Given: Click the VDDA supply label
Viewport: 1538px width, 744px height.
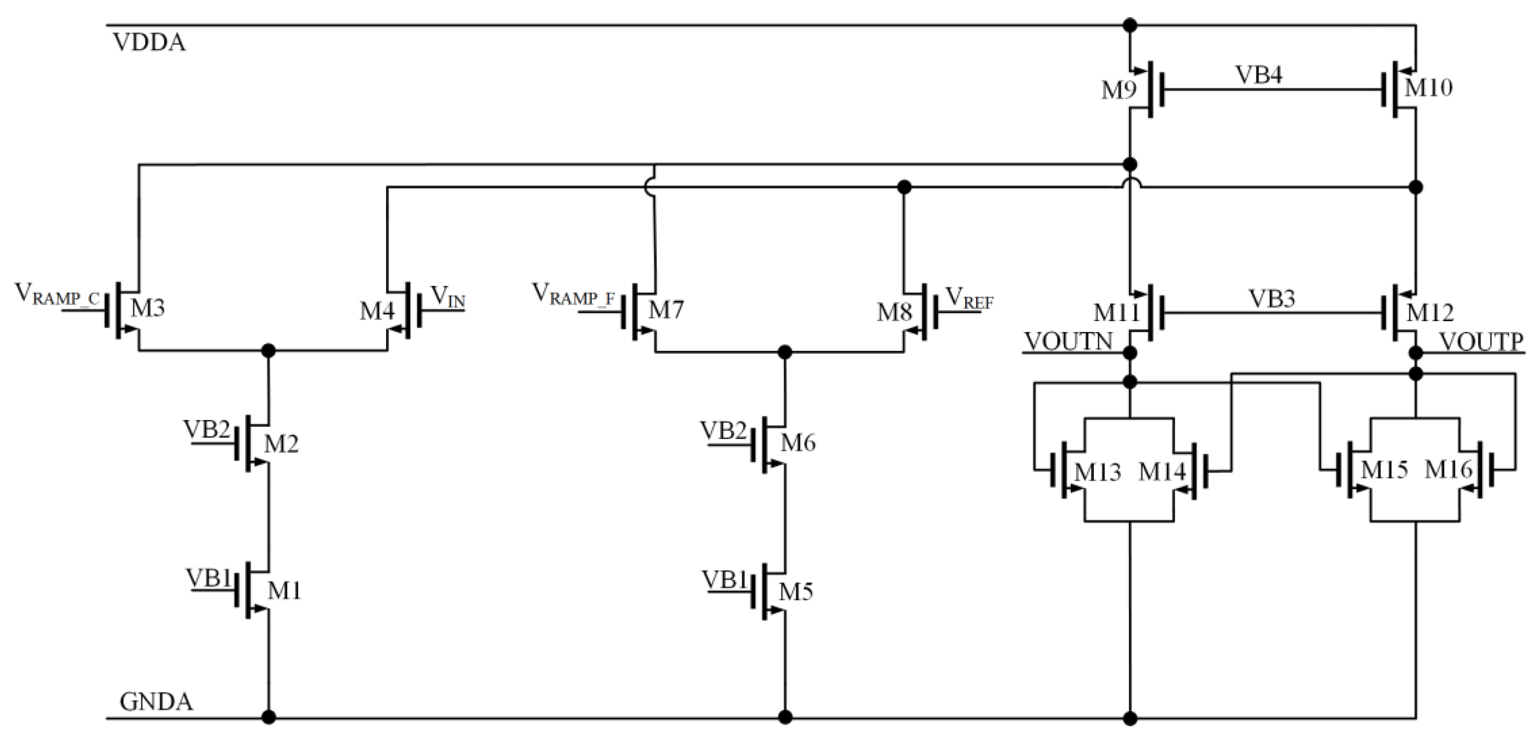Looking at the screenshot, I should tap(149, 43).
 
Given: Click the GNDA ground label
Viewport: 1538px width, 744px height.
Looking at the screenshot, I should tap(156, 702).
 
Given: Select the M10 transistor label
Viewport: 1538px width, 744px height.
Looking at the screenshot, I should tap(1428, 88).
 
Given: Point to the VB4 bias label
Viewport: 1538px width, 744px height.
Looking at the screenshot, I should tap(1259, 75).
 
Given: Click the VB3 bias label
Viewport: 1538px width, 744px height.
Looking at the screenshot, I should tap(1272, 299).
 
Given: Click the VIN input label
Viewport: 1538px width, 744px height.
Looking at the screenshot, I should tap(448, 297).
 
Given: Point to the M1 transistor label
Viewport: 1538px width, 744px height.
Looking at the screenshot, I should tap(284, 591).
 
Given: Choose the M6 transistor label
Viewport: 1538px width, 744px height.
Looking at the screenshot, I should tap(798, 443).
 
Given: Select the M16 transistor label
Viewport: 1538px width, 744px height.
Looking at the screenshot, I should tap(1448, 471).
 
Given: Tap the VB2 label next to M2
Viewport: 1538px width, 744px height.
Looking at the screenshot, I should tap(207, 429).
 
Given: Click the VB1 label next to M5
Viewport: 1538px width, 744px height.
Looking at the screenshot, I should tap(724, 580).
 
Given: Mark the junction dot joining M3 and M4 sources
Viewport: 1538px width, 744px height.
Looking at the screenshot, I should tap(269, 351).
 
